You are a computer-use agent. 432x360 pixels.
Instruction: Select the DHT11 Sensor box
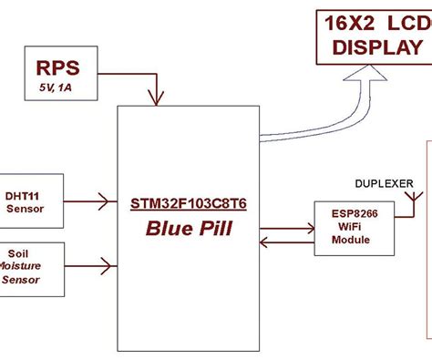click(x=31, y=200)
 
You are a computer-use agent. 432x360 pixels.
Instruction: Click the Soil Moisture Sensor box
click(x=31, y=268)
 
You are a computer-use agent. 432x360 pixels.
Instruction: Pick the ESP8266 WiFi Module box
click(x=354, y=226)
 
